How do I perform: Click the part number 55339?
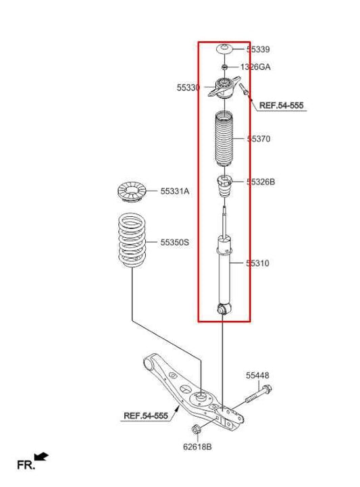[258, 49]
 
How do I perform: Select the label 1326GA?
[255, 67]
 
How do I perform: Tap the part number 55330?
[188, 88]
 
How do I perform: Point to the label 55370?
[258, 138]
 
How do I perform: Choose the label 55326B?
[260, 182]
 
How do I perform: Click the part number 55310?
[257, 263]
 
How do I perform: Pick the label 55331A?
[174, 191]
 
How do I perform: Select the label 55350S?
[174, 241]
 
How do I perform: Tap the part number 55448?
[257, 375]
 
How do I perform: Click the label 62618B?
[197, 446]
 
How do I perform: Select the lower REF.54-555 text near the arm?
[145, 416]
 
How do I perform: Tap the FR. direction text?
[25, 465]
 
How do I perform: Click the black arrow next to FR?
[42, 457]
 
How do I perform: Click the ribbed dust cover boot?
[224, 139]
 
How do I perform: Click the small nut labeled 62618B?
[197, 431]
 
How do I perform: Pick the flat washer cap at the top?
[224, 50]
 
